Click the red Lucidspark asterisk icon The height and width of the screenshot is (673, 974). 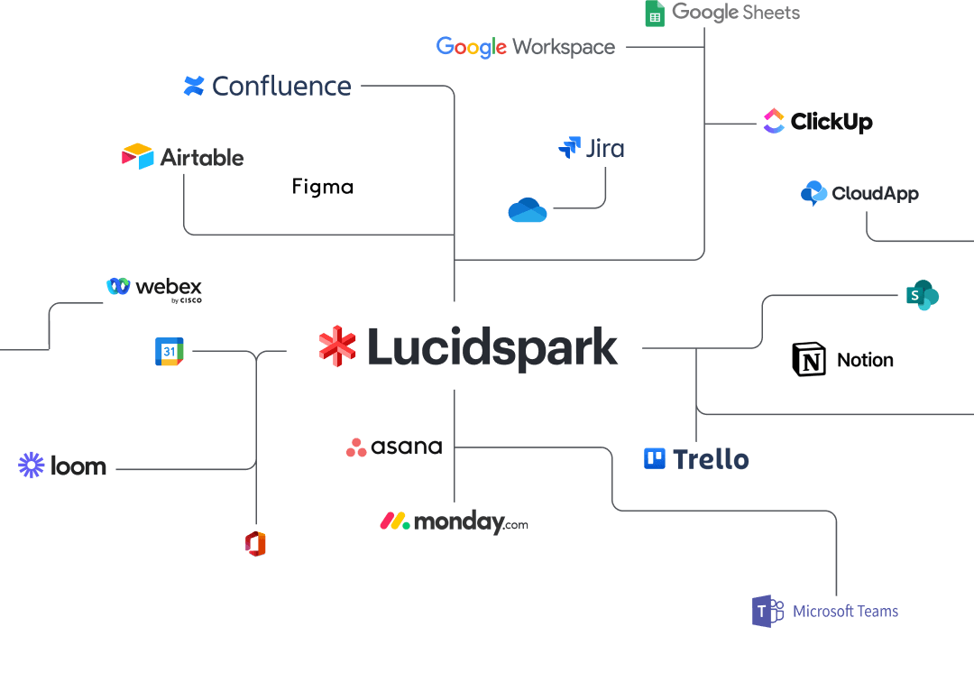[x=337, y=346]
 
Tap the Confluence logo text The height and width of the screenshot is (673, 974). [x=281, y=87]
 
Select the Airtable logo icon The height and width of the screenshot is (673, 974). [x=138, y=156]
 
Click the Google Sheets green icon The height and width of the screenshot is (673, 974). [x=655, y=14]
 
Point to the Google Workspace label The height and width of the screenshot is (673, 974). [x=526, y=47]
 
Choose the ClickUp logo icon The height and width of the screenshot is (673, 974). [x=774, y=121]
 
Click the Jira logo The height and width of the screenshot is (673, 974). [x=592, y=148]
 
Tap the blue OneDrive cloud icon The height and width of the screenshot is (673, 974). [x=528, y=210]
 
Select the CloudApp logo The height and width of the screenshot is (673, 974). [x=859, y=193]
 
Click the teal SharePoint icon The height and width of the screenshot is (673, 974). [x=922, y=295]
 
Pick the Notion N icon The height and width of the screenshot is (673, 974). [x=809, y=359]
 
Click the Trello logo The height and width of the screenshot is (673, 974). [x=696, y=459]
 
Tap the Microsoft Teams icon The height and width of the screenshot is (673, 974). [x=767, y=611]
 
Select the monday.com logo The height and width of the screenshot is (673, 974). [x=454, y=522]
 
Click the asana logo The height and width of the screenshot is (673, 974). [x=394, y=447]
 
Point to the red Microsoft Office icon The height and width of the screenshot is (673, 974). [x=256, y=544]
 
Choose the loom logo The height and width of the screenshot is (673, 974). [x=62, y=466]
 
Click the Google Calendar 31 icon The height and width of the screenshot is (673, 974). [x=170, y=352]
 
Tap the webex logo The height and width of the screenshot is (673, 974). [x=154, y=288]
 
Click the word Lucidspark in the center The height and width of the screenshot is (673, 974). [x=492, y=348]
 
